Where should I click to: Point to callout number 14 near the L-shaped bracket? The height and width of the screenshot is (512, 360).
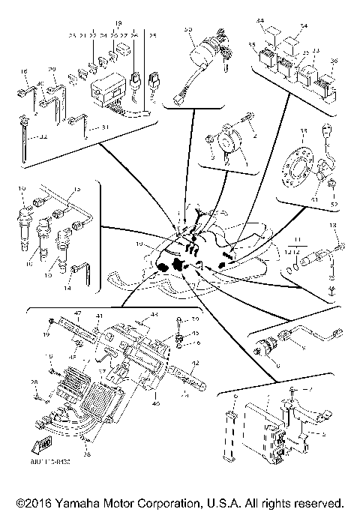tap(49, 287)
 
